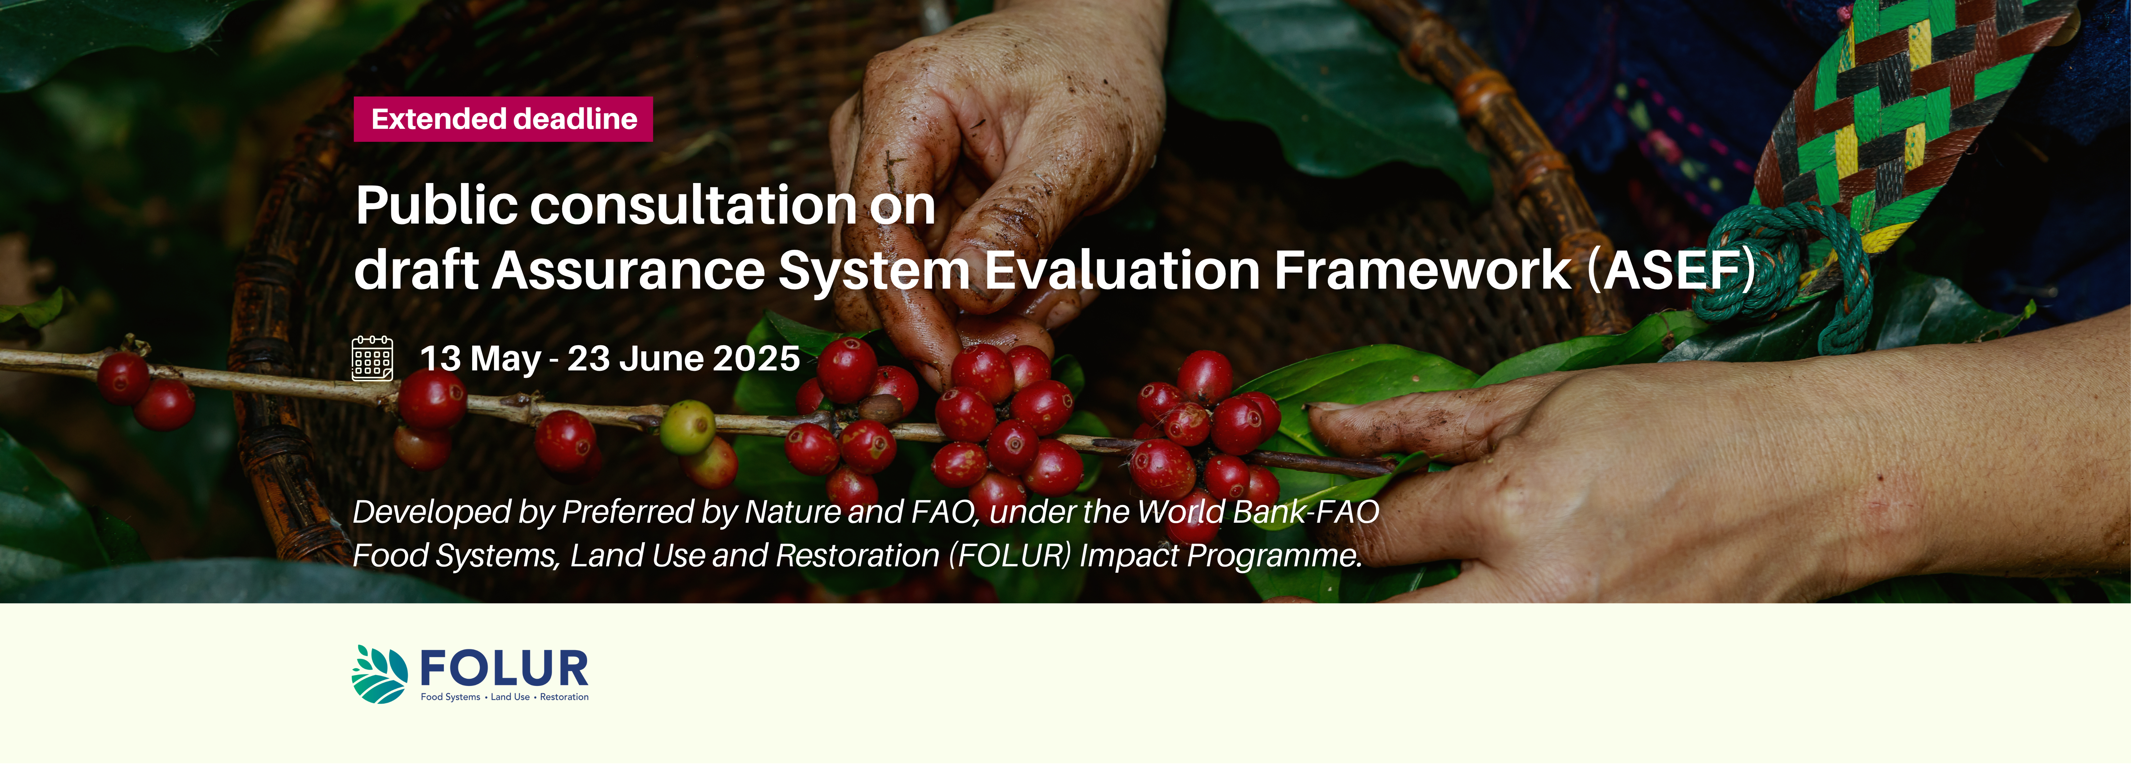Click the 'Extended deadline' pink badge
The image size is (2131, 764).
tap(503, 119)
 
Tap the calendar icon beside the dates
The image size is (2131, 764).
tap(372, 358)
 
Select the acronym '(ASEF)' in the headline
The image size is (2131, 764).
tap(1671, 270)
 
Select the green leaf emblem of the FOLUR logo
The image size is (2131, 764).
tap(380, 674)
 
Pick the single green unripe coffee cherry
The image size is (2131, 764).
tap(687, 427)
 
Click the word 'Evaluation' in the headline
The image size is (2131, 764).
tap(1121, 270)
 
